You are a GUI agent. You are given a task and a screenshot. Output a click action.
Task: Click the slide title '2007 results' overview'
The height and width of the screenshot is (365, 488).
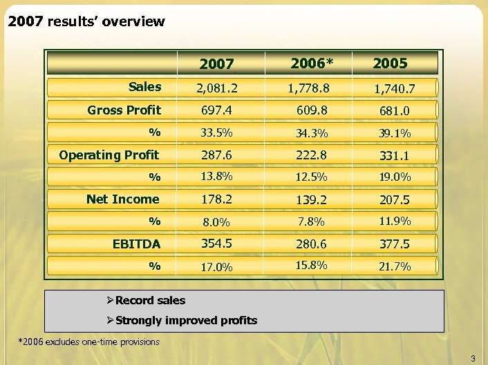[86, 21]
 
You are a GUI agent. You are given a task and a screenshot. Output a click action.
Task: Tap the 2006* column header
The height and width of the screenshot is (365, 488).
[312, 63]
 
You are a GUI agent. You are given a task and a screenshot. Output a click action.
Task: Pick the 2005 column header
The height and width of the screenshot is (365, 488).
[390, 63]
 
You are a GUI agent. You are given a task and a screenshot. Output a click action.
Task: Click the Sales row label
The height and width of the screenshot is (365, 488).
[144, 87]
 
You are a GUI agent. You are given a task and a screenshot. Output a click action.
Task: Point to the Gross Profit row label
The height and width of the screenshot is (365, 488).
[124, 110]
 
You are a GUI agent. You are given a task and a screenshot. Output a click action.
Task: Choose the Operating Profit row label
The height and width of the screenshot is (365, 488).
[109, 155]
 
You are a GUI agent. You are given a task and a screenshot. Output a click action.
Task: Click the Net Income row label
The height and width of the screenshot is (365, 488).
[123, 199]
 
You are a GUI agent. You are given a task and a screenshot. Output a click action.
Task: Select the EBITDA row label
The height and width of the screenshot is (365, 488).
[137, 244]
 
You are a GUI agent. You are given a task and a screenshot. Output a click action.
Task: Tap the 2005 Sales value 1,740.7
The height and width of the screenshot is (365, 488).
[395, 89]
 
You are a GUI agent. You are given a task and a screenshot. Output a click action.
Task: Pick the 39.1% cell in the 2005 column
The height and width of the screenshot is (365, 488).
[395, 133]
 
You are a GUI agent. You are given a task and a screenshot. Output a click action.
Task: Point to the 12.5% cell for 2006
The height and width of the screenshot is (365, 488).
[310, 177]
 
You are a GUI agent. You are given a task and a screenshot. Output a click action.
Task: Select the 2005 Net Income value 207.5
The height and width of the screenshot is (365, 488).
[395, 200]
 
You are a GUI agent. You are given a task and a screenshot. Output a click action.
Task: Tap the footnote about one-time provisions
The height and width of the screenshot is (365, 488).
[88, 342]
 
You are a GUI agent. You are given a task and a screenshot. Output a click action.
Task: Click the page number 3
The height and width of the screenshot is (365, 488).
[473, 357]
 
